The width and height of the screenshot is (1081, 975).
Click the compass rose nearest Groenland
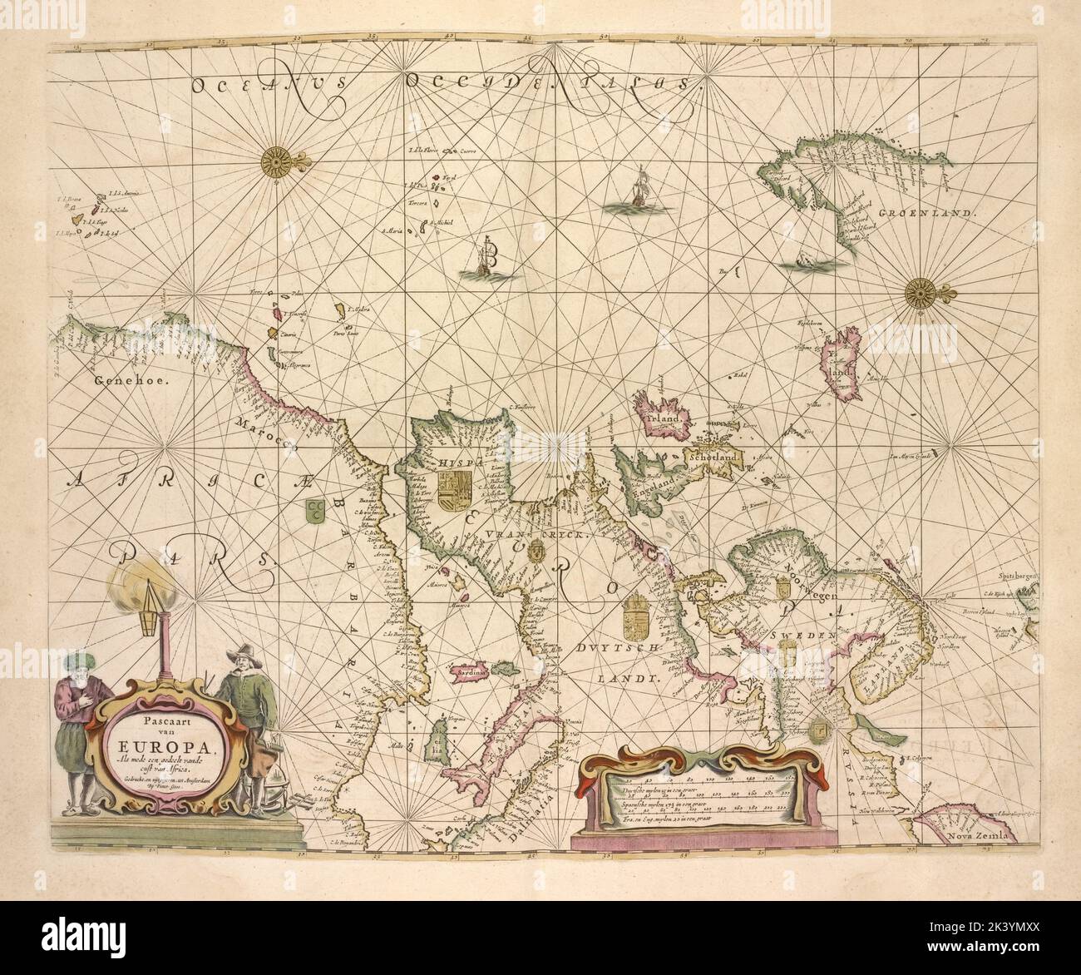click(x=921, y=292)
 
